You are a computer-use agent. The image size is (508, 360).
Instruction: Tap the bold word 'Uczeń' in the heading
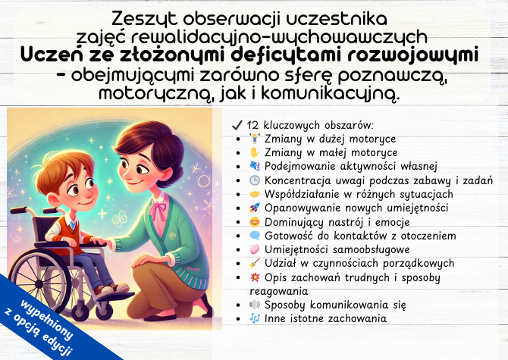tap(53, 55)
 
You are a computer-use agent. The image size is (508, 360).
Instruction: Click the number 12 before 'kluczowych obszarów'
tap(254, 125)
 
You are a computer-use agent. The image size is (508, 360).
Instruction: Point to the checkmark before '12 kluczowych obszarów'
tap(236, 125)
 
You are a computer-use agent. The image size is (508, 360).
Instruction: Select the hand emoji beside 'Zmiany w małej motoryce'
tap(254, 152)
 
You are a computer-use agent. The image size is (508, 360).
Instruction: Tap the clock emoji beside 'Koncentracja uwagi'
tap(254, 180)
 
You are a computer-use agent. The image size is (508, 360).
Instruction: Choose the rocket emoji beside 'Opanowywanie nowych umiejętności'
tap(254, 208)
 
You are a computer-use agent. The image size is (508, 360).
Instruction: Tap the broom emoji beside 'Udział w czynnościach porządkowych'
tap(254, 264)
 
